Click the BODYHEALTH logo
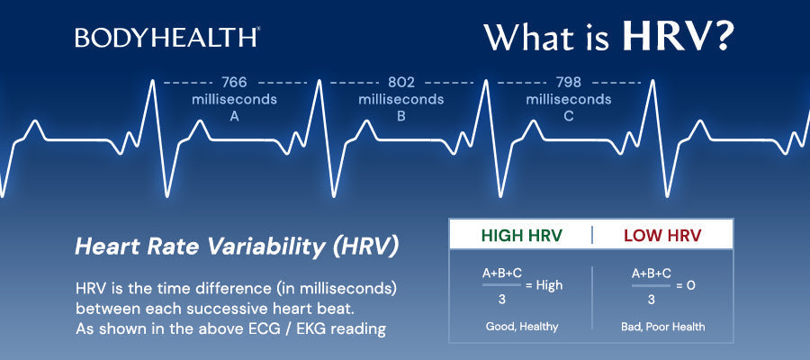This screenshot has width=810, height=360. [167, 37]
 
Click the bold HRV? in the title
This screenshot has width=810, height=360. [678, 37]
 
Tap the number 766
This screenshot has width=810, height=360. [234, 83]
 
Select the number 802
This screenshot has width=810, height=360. [401, 83]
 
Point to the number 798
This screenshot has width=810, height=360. [569, 83]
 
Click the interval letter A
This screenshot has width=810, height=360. [234, 116]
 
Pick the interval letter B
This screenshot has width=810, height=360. [401, 116]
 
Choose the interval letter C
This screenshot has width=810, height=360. [569, 116]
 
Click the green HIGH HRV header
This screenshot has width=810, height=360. [521, 236]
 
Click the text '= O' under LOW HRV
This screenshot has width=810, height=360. [686, 284]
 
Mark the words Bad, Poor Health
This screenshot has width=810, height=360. [662, 327]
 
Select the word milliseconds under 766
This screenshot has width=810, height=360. [234, 100]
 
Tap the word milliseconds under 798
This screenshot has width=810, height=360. [569, 100]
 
